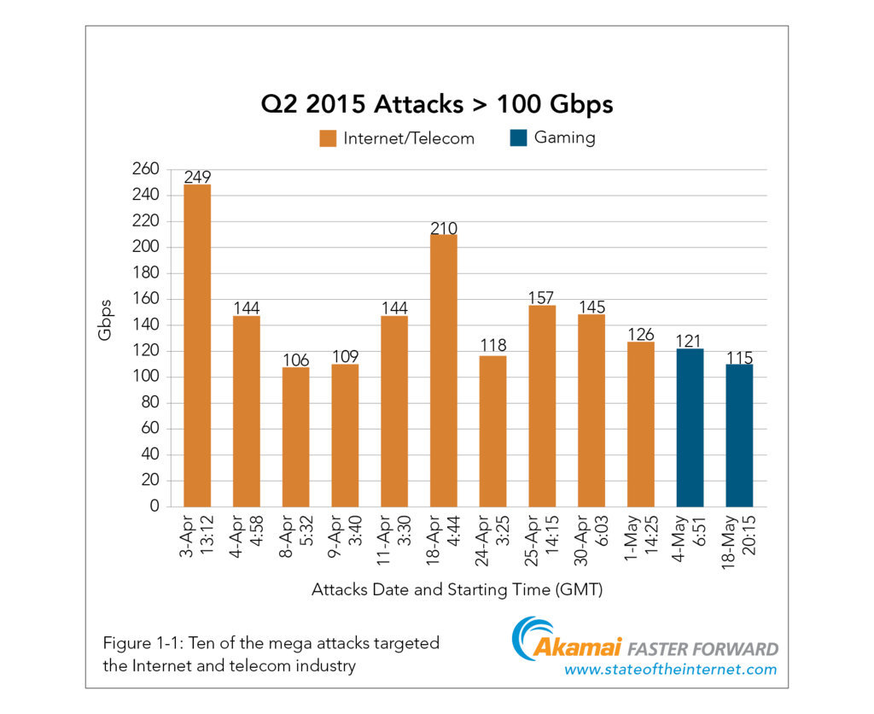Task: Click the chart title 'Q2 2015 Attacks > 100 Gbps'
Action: [437, 105]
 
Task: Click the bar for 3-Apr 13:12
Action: [197, 345]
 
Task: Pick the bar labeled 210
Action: [444, 370]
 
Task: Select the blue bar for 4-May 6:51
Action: [690, 427]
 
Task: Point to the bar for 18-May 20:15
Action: [739, 435]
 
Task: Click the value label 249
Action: [197, 177]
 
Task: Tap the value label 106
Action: [295, 360]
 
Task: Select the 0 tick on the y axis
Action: [154, 506]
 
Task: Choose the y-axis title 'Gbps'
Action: [105, 320]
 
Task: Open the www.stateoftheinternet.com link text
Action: [670, 670]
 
